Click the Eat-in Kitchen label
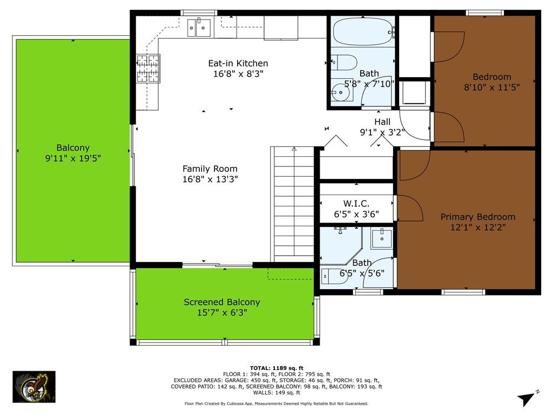(x=238, y=63)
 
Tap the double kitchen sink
(x=199, y=28)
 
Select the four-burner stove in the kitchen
(x=147, y=69)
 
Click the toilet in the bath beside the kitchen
(x=343, y=62)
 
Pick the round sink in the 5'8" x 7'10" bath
(x=341, y=93)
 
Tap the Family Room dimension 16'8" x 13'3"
(x=210, y=179)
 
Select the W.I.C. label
(x=356, y=203)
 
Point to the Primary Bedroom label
(x=477, y=217)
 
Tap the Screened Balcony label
(x=221, y=302)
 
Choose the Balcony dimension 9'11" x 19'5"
(x=73, y=158)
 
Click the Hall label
(x=382, y=122)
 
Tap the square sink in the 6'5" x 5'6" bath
(x=382, y=238)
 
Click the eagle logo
(x=34, y=387)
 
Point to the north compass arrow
(x=527, y=398)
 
